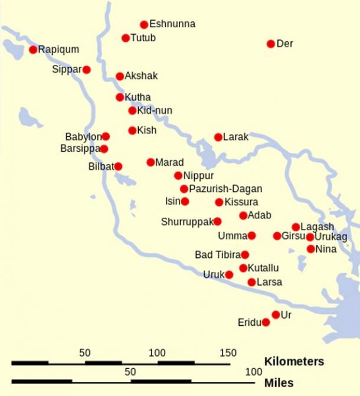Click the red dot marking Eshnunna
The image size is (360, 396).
144,25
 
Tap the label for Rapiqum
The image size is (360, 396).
58,50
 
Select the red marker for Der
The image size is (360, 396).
271,44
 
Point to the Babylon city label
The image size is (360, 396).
83,136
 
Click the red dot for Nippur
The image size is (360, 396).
178,175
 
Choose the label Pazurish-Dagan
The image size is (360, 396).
225,189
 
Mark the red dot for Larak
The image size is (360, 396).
218,137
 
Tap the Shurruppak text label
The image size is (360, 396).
186,222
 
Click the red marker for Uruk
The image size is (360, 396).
229,274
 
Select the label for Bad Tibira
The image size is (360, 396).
217,255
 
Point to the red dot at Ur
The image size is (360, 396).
276,315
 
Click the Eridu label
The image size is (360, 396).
249,322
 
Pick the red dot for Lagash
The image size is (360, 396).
296,227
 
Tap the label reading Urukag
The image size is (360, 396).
331,237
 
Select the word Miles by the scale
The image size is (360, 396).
279,383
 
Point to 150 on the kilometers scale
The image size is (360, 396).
228,353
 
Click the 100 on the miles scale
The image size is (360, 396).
254,372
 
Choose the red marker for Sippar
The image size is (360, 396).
87,70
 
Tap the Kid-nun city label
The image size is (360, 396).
155,110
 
